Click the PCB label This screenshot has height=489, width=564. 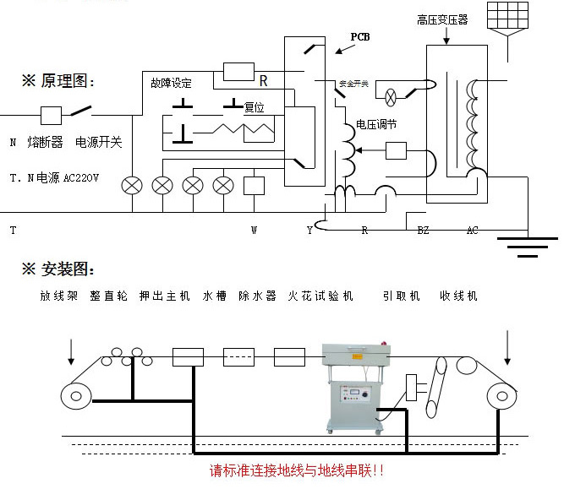[x=359, y=37]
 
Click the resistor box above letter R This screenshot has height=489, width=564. [x=238, y=71]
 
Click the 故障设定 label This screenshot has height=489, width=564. [x=172, y=83]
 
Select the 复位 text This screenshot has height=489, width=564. [x=254, y=108]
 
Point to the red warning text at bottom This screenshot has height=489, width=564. [x=298, y=470]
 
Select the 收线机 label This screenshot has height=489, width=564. [x=458, y=296]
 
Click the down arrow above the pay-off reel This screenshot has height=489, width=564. [x=72, y=347]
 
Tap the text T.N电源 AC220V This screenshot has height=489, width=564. [x=54, y=178]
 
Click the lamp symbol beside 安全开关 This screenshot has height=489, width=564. [x=392, y=96]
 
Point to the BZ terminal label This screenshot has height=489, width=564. [x=424, y=230]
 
